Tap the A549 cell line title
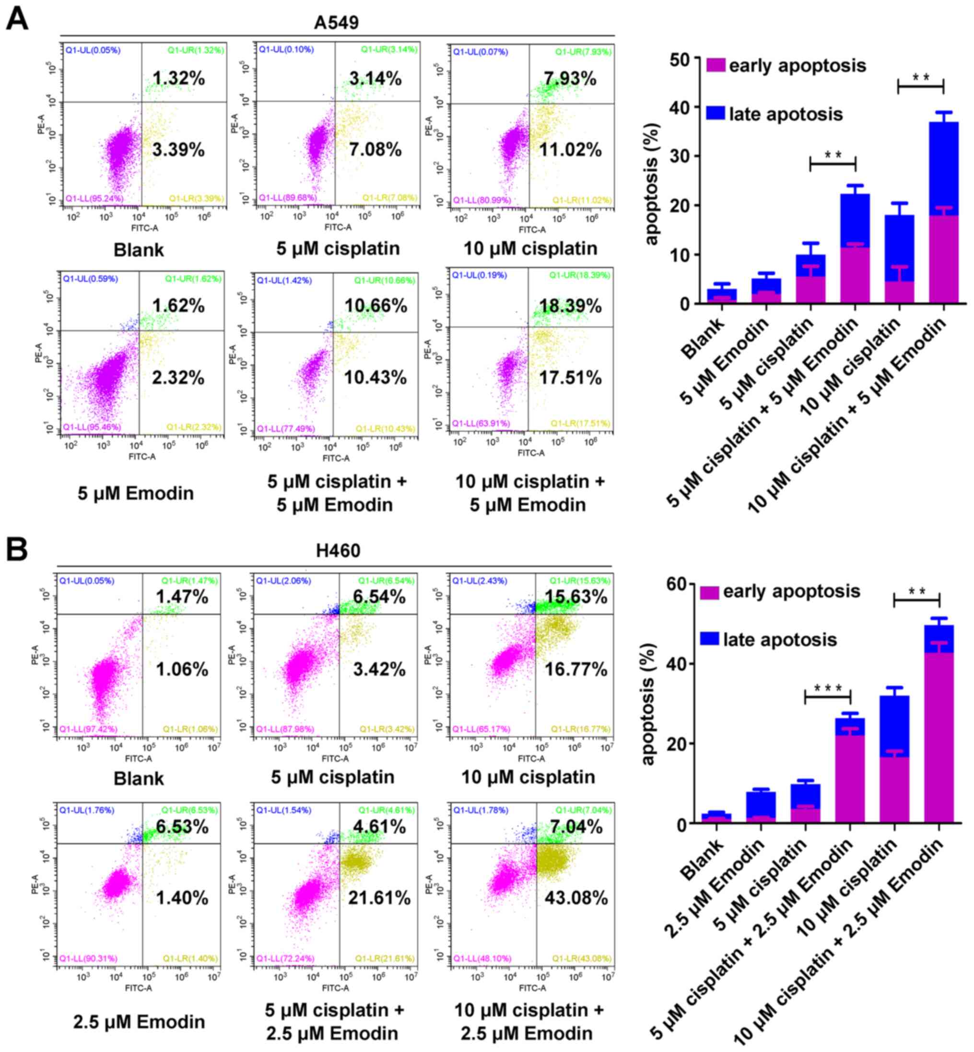[336, 23]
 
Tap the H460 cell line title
[338, 551]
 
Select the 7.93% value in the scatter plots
[570, 79]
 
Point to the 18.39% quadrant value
[570, 307]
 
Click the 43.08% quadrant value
[576, 898]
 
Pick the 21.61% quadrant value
[379, 898]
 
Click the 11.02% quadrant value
[570, 150]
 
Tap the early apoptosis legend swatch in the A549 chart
[716, 66]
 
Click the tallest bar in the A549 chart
[943, 211]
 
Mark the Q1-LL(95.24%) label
[94, 199]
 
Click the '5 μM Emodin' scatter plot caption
[136, 494]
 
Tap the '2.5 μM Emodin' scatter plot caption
[139, 1021]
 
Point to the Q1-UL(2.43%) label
[480, 581]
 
